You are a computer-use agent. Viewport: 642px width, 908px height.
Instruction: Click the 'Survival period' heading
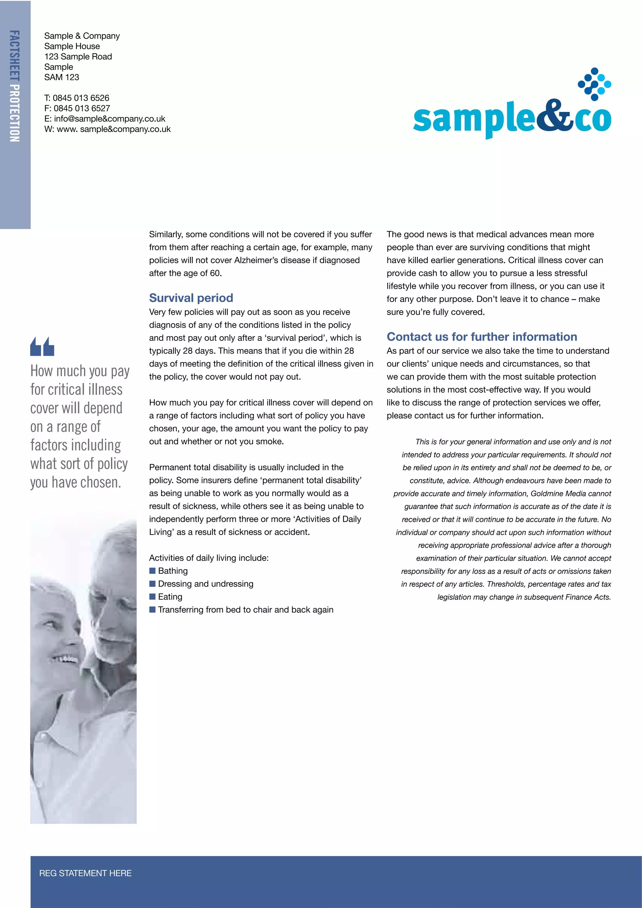tap(191, 298)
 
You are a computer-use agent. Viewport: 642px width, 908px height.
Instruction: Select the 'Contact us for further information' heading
tap(481, 336)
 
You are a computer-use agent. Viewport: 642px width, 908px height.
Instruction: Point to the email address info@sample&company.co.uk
tap(109, 119)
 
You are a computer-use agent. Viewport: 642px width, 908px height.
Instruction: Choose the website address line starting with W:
tap(107, 129)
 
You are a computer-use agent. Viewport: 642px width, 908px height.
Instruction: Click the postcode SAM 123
tap(62, 77)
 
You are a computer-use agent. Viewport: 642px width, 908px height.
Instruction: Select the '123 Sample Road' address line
tap(78, 56)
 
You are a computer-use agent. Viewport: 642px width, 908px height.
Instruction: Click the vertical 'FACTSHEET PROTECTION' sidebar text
tap(15, 86)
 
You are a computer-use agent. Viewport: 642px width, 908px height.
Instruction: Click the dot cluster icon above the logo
tap(594, 84)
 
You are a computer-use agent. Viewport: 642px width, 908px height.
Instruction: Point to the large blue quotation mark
tap(42, 346)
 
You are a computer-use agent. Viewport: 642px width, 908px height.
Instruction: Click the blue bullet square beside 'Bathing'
tap(152, 571)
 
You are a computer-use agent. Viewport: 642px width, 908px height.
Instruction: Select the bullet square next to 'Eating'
tap(152, 596)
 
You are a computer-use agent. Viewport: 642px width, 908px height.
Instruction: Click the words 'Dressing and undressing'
tap(206, 584)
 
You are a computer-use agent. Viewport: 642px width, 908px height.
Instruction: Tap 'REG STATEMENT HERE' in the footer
tap(85, 873)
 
